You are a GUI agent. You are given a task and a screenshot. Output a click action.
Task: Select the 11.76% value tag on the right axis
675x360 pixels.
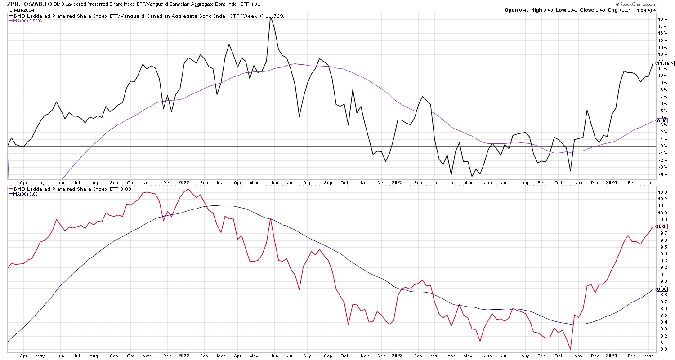point(665,64)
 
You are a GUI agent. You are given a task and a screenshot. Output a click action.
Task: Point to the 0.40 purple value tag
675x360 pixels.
point(662,120)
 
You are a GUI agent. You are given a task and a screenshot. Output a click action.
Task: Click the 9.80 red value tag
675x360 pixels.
point(662,227)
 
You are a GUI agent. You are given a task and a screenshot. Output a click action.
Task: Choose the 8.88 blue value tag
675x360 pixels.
point(662,289)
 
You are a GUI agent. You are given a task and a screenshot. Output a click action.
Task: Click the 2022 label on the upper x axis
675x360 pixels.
point(183,182)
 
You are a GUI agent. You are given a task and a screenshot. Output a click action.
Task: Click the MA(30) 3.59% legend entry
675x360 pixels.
point(26,21)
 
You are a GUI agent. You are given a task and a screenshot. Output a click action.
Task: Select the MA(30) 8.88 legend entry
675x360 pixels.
point(25,194)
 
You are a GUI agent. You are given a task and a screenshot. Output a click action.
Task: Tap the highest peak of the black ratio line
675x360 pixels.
point(271,18)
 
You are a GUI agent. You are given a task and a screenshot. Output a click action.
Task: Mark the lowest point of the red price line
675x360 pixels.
point(570,349)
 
